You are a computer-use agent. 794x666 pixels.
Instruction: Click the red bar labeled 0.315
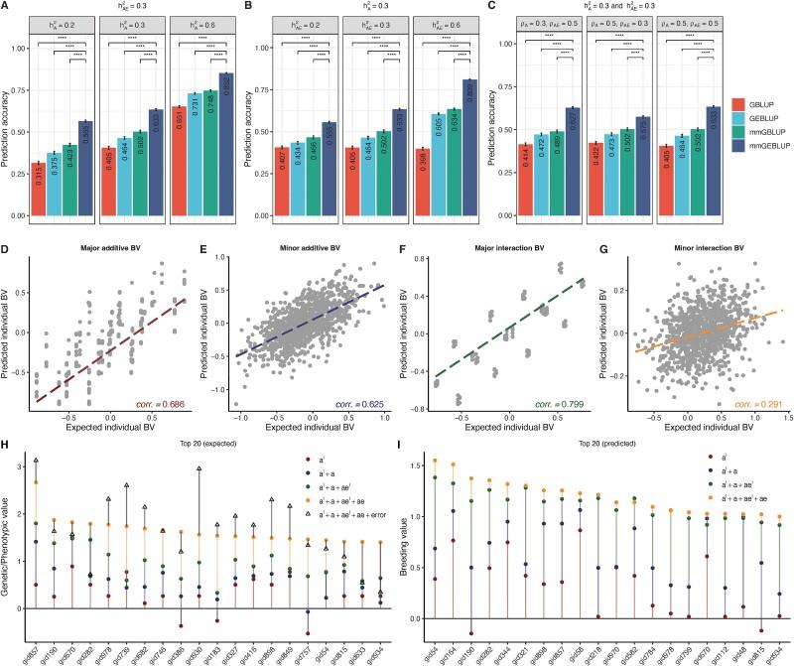click(39, 189)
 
